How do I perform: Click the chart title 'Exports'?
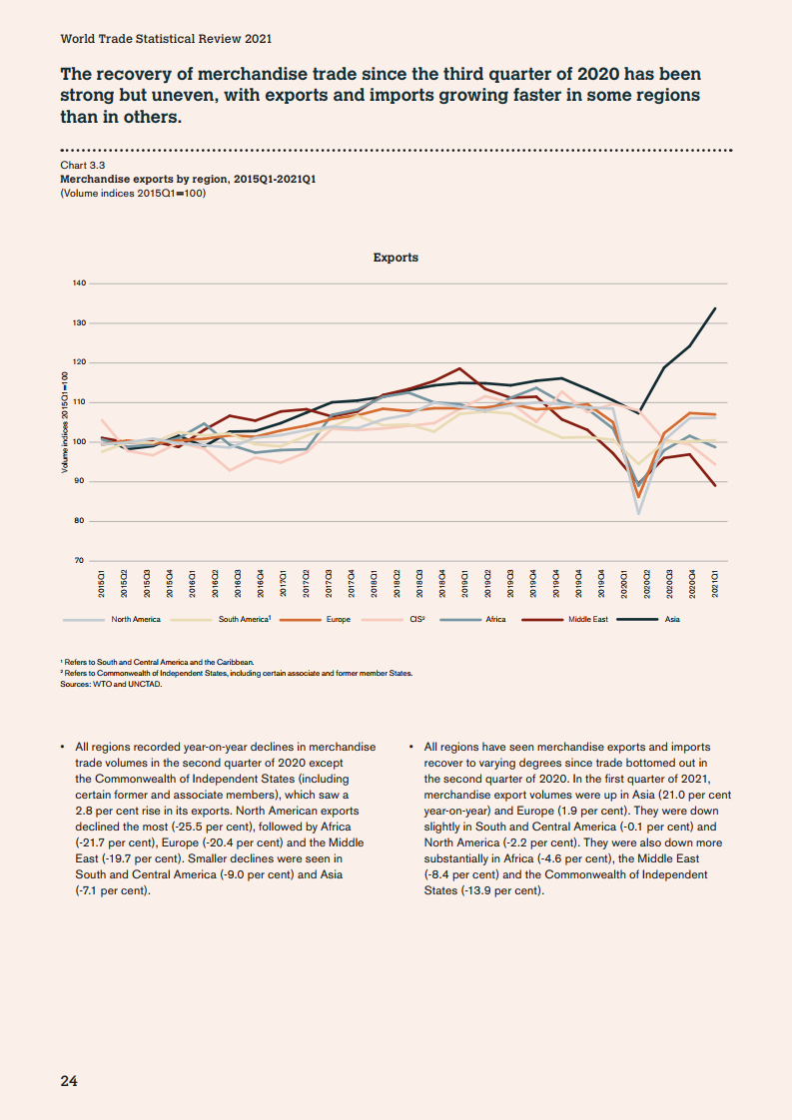396,258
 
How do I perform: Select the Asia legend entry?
672,620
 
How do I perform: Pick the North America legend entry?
135,620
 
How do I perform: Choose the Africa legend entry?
495,620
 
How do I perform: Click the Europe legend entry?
338,620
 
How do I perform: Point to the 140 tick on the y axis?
79,283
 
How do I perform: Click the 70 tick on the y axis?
79,561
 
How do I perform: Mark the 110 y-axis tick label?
79,402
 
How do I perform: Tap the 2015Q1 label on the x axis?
102,585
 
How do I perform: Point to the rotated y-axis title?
66,429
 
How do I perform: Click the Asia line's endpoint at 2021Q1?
715,308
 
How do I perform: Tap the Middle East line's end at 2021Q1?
715,486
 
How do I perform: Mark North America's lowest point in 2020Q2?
638,513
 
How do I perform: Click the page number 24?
69,1080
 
